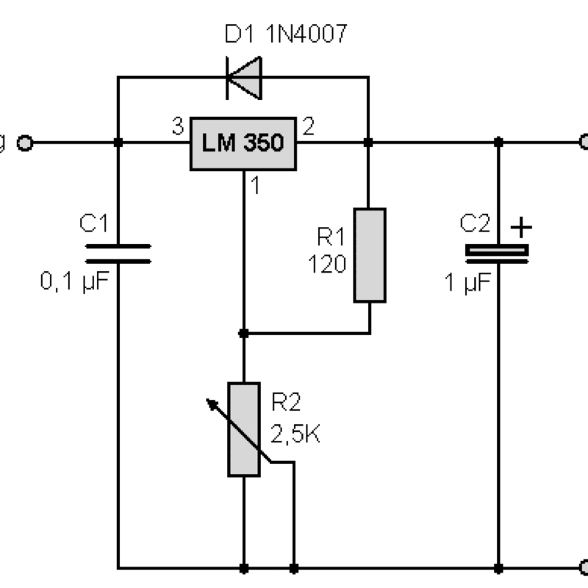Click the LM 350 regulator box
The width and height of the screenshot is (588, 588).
pyautogui.click(x=243, y=143)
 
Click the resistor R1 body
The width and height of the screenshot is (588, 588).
pyautogui.click(x=369, y=255)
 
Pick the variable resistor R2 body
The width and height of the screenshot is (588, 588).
pyautogui.click(x=243, y=429)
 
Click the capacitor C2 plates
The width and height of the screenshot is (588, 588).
pyautogui.click(x=498, y=252)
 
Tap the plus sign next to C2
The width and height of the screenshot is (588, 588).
pyautogui.click(x=520, y=228)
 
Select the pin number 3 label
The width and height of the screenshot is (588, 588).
pyautogui.click(x=177, y=127)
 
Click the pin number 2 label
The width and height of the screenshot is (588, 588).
pyautogui.click(x=308, y=127)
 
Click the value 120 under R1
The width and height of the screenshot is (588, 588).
pyautogui.click(x=328, y=264)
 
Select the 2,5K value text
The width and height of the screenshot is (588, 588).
pyautogui.click(x=295, y=434)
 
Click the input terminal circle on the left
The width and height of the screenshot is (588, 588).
pyautogui.click(x=25, y=143)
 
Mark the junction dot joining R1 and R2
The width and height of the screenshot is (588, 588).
pyautogui.click(x=243, y=334)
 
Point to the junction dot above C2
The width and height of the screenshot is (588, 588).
pyautogui.click(x=498, y=142)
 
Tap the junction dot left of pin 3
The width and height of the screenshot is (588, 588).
pyautogui.click(x=118, y=143)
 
